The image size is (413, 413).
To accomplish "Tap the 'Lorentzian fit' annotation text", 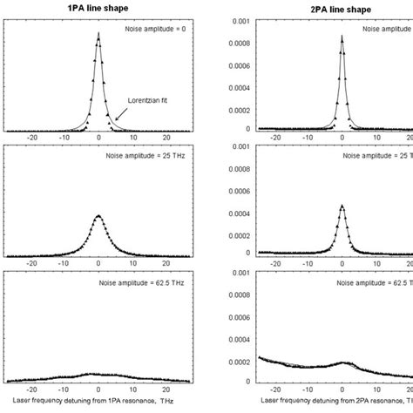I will pos(148,101).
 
